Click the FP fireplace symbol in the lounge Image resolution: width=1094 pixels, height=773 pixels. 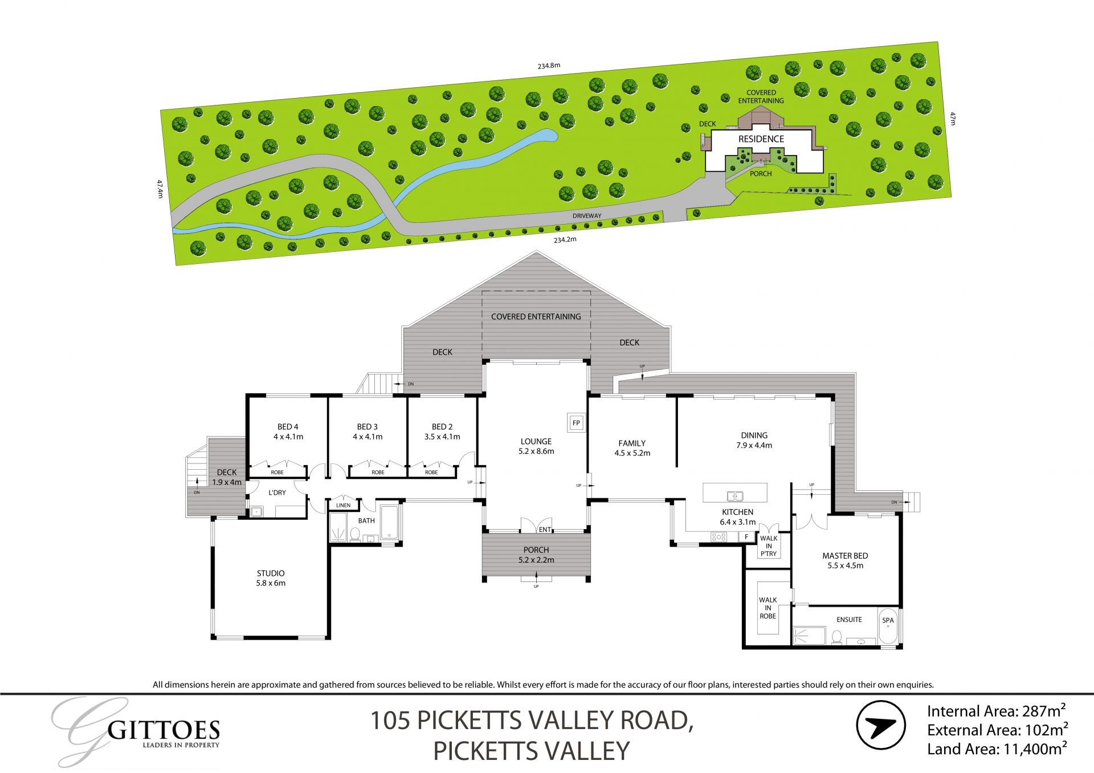(x=576, y=423)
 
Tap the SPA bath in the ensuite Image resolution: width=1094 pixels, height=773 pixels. (x=888, y=627)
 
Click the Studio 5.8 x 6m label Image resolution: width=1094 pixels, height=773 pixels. (x=271, y=578)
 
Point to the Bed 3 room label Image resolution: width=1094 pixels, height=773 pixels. (x=368, y=432)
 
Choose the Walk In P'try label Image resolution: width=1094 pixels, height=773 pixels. (x=768, y=546)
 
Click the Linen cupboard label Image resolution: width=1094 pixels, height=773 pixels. (x=343, y=505)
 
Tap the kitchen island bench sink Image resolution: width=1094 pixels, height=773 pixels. (x=734, y=495)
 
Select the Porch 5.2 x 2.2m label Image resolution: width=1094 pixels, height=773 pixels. (x=536, y=555)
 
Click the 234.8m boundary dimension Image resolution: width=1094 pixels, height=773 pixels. (x=549, y=66)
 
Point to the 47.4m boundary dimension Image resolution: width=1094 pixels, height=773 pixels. (x=160, y=189)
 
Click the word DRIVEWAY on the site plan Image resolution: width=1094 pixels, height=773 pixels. (x=587, y=216)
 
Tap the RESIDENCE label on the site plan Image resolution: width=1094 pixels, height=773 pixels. (x=761, y=139)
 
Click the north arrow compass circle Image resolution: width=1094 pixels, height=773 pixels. (x=881, y=726)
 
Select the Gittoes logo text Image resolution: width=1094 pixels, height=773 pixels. (x=164, y=730)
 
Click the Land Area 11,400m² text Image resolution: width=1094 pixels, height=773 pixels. (x=997, y=749)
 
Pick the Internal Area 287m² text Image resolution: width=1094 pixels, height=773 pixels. (x=996, y=711)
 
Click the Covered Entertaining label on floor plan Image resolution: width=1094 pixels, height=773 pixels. (x=536, y=316)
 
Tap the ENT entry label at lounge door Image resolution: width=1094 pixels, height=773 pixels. (x=545, y=530)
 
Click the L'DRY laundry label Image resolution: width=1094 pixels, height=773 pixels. (x=277, y=493)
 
